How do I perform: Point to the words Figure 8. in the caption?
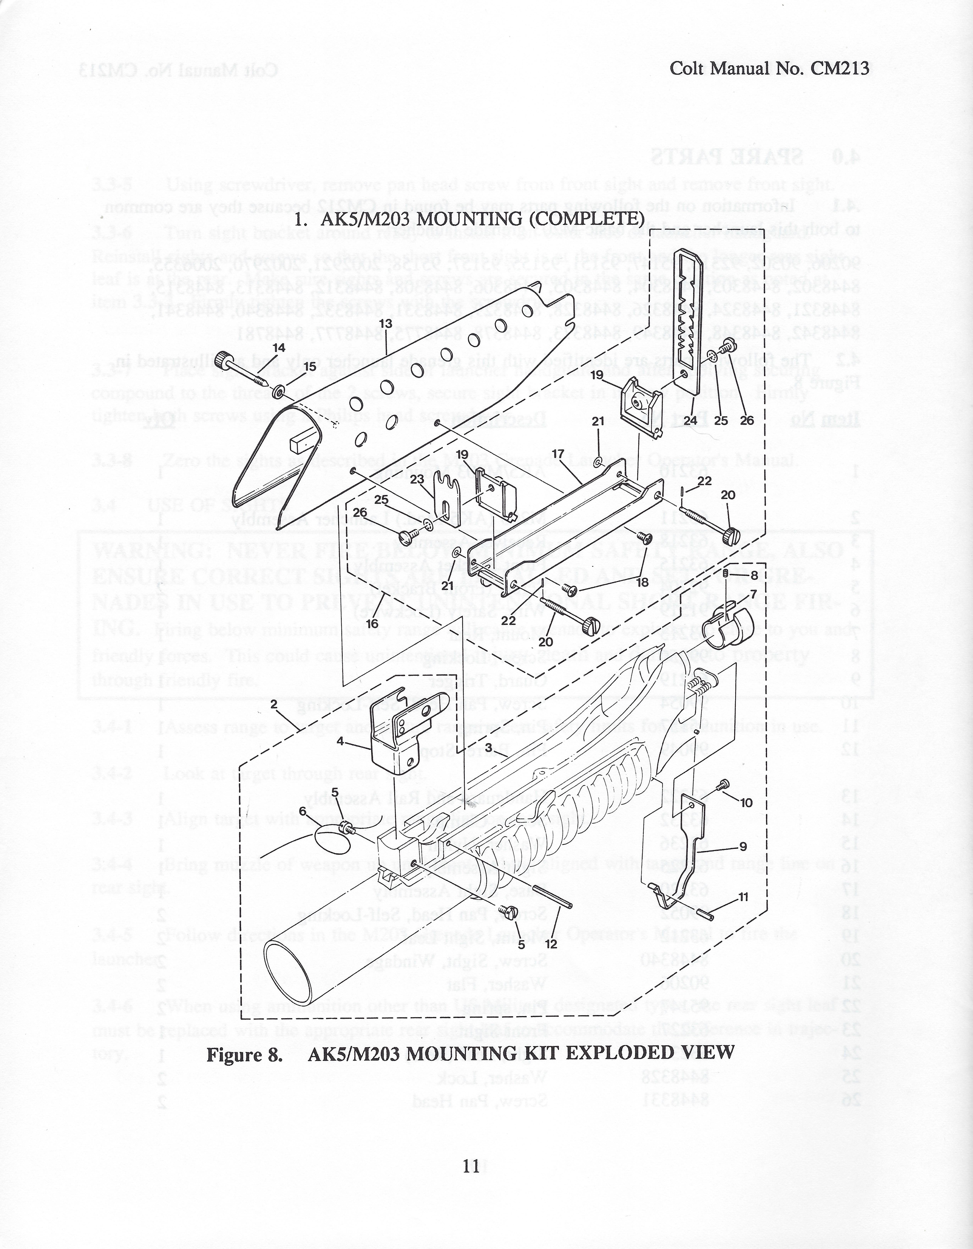pyautogui.click(x=245, y=1053)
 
